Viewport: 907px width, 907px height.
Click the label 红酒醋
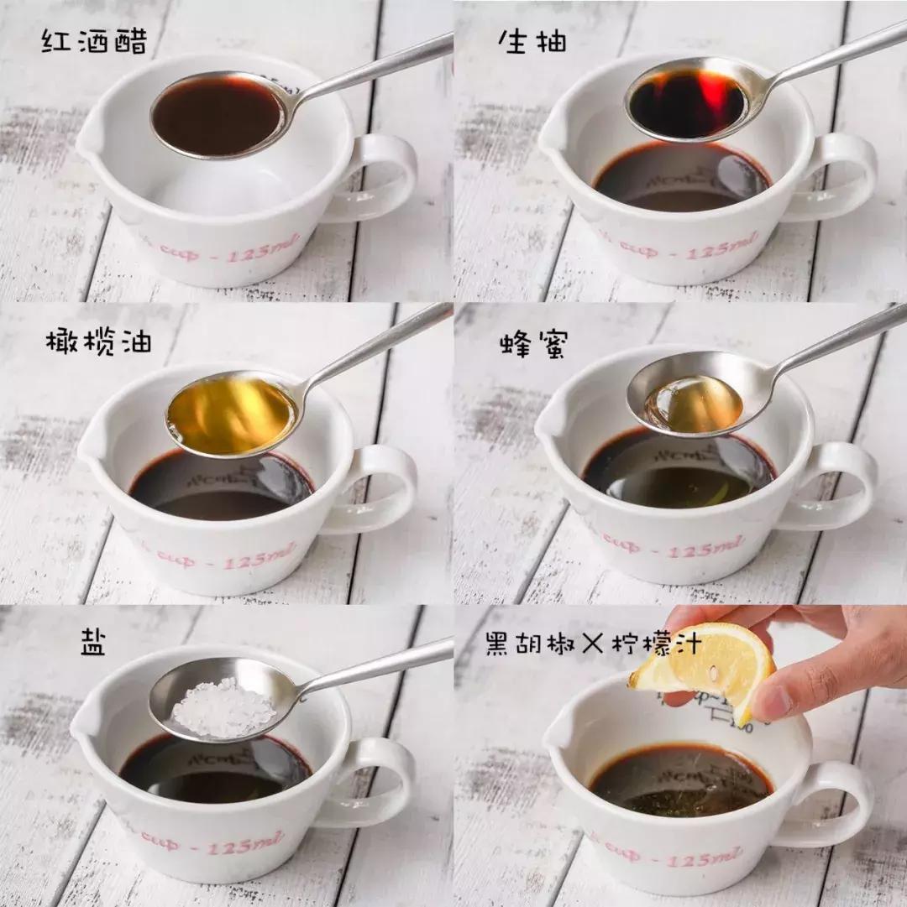click(x=94, y=41)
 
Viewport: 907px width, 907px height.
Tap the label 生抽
click(x=532, y=41)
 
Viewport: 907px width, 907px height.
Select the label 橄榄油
click(x=98, y=343)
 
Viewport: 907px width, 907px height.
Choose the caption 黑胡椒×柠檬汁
click(x=593, y=645)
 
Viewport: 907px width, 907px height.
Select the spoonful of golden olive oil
click(x=231, y=415)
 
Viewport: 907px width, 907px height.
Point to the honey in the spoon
click(x=694, y=404)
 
